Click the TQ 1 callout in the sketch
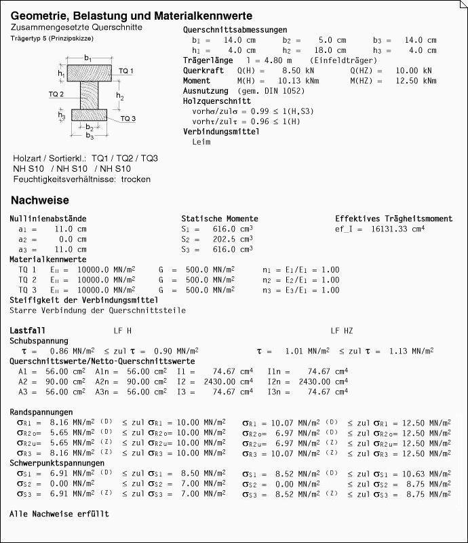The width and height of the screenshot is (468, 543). pos(126,71)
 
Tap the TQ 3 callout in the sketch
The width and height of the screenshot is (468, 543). pos(128,119)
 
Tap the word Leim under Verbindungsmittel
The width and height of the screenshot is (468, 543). pos(201,142)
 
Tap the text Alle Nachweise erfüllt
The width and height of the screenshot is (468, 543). pos(59,514)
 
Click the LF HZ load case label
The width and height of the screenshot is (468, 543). pos(342,331)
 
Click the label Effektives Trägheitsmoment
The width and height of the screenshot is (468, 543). pos(393,219)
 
